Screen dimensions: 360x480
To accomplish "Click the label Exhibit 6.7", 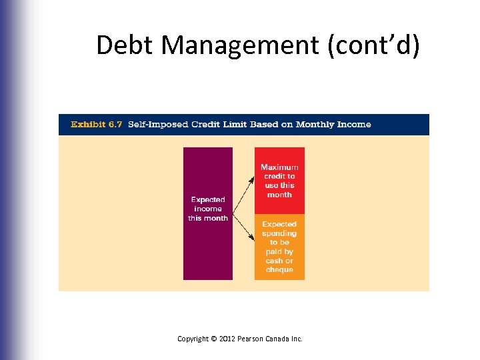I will [97, 125].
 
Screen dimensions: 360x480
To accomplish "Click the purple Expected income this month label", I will [208, 209].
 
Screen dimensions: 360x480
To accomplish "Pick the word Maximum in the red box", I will [279, 167].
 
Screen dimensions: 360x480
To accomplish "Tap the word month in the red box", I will [279, 195].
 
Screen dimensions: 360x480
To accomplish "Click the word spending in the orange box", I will [279, 234].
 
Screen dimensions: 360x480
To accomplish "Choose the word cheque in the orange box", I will [279, 269].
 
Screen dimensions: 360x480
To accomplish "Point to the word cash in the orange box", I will [274, 261].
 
